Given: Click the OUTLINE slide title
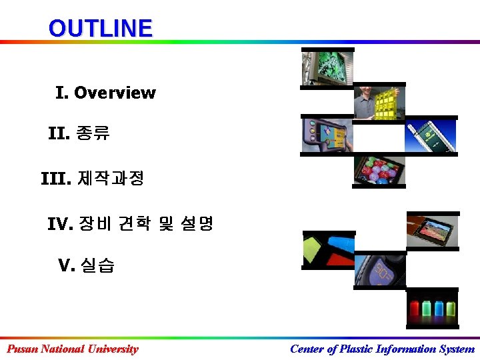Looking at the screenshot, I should (100, 28).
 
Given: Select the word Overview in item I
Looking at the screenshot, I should (115, 93).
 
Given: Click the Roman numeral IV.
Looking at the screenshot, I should (59, 224).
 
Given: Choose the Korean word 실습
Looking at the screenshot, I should (97, 266).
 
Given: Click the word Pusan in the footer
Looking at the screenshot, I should (22, 349).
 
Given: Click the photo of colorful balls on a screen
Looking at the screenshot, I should (380, 171).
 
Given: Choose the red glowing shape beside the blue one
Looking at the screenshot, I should (341, 245).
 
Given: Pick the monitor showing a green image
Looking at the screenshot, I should (329, 67).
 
